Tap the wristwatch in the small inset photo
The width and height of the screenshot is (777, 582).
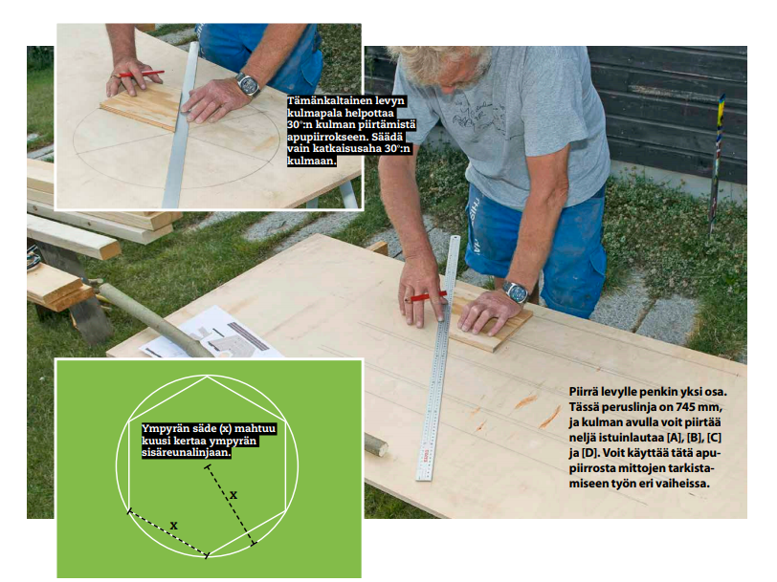[x=248, y=84]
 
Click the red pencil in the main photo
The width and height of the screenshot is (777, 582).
[x=426, y=297]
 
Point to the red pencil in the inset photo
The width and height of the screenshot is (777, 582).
[x=142, y=75]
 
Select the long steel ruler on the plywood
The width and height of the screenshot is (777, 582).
[x=438, y=358]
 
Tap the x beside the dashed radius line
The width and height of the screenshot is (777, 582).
[x=233, y=495]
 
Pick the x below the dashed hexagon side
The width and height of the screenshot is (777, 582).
[x=173, y=526]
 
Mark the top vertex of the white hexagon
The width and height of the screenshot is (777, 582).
[x=207, y=377]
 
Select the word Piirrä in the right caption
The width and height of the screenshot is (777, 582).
[x=584, y=392]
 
